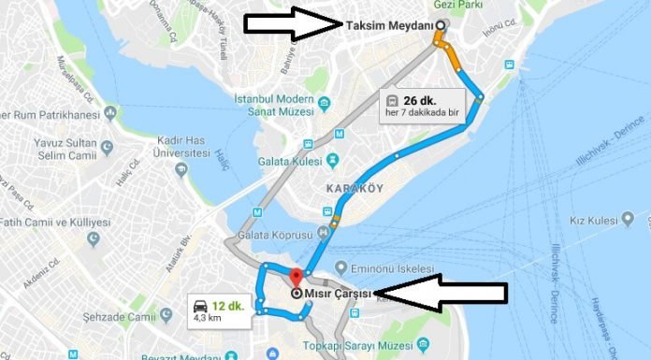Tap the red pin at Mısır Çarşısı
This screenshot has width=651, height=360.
[297, 278]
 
